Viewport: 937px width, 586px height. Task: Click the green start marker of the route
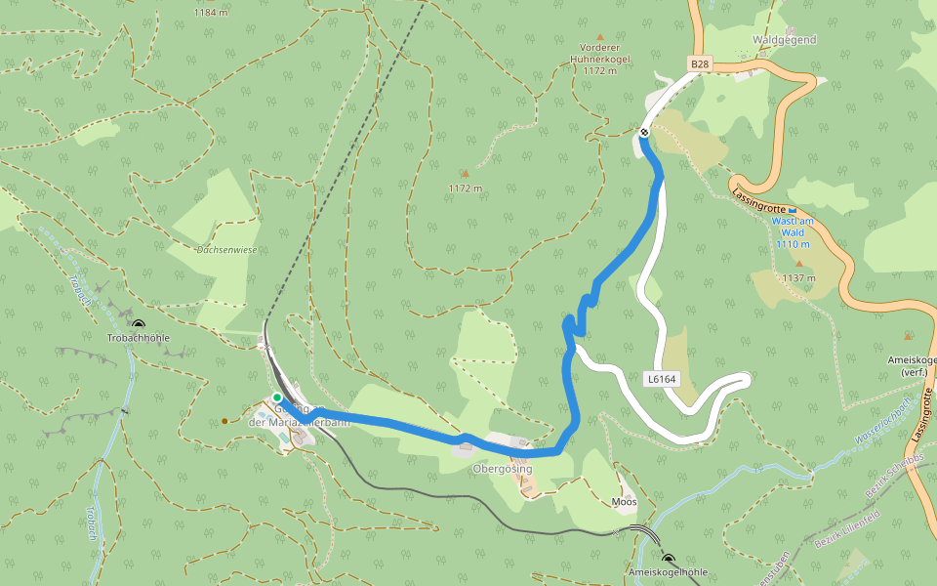(277, 398)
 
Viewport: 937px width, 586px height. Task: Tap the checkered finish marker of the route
(644, 133)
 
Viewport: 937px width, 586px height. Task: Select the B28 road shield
(699, 64)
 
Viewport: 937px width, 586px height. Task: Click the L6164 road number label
(662, 378)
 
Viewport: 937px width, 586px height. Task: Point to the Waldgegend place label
(784, 40)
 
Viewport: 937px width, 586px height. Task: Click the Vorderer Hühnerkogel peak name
(600, 59)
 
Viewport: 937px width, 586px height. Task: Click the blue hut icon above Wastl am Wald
(793, 210)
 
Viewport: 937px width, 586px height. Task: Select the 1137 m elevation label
(798, 277)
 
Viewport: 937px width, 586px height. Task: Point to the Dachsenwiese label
(226, 250)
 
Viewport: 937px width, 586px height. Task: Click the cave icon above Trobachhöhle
(138, 325)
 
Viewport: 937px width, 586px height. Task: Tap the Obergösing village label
(502, 469)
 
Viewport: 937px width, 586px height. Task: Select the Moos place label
(624, 502)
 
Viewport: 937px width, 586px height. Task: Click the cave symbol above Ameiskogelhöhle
(668, 561)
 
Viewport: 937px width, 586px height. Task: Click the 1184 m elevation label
(211, 13)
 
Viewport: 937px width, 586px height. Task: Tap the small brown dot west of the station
(224, 421)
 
